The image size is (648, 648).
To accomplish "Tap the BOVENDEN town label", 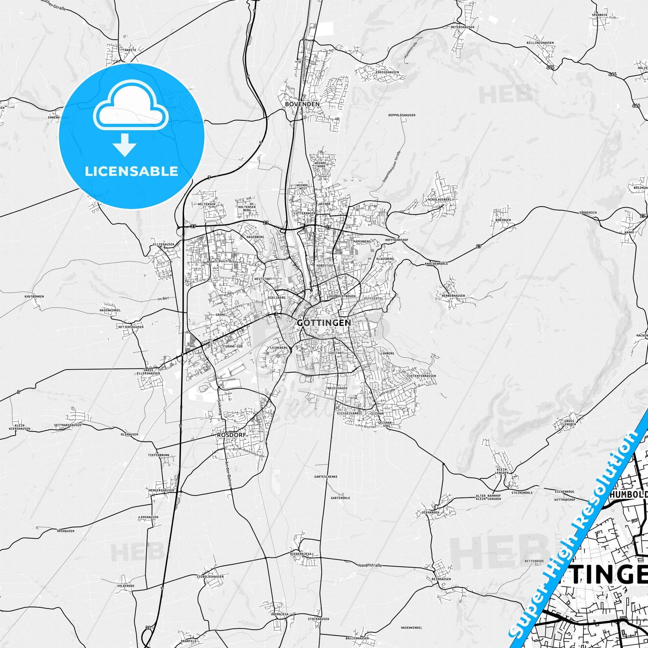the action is [x=302, y=104].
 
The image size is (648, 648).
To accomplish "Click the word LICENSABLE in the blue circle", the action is [x=132, y=171].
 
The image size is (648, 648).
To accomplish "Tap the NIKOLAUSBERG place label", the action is [x=440, y=199].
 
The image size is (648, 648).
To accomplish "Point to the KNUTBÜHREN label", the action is [x=34, y=296].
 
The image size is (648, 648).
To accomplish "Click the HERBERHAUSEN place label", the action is [x=451, y=296].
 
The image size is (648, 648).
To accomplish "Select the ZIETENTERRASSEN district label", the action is [x=421, y=376].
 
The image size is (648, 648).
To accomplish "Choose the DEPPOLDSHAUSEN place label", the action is [x=402, y=115].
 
